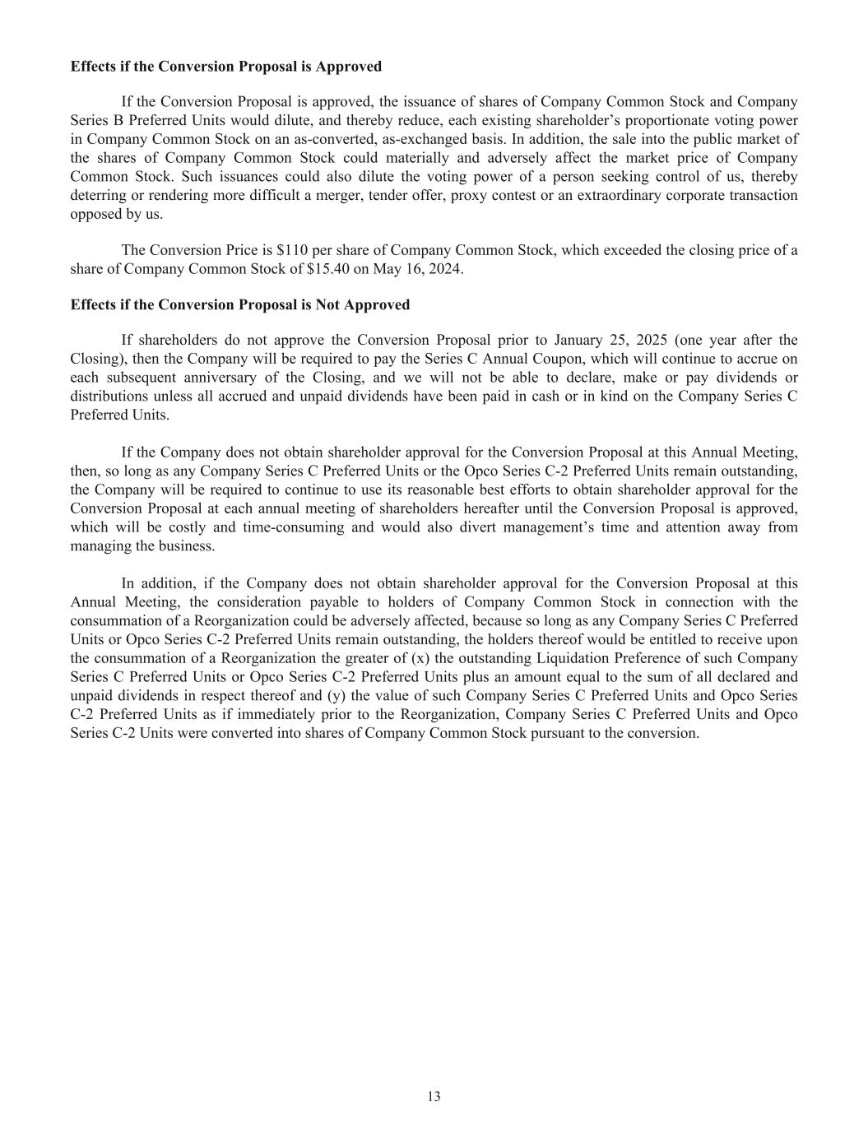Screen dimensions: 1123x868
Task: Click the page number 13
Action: pos(434,1096)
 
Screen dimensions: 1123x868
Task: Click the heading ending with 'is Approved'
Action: pos(226,66)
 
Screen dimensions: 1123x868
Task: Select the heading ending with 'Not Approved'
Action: pos(240,304)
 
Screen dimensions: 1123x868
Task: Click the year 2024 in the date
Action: pos(447,269)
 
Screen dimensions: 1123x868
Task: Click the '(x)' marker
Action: pos(420,658)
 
